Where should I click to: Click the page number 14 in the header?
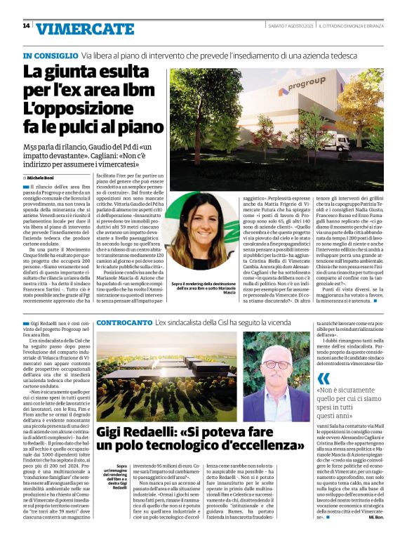tap(25, 26)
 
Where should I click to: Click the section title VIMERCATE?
tap(85, 29)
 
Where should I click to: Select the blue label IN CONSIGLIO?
tap(50, 55)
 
